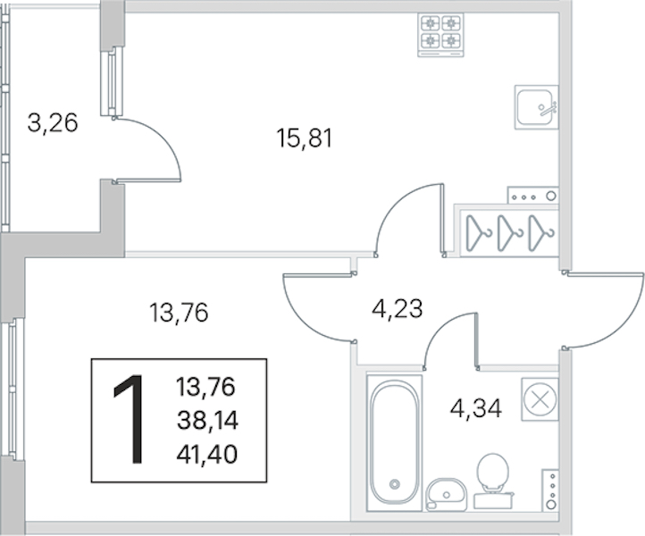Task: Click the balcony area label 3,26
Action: point(53,123)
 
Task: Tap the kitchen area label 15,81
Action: point(305,138)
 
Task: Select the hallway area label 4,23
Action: point(398,309)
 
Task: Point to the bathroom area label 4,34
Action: point(476,408)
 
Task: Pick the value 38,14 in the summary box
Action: point(207,421)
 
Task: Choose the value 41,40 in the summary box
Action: point(207,455)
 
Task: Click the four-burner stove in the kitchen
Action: point(440,35)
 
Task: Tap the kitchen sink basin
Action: point(536,107)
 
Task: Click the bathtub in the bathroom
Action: point(395,442)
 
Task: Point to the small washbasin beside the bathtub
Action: point(447,494)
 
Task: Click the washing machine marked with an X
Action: point(540,399)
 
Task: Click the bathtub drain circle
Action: point(395,484)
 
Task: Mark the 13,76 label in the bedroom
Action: point(179,313)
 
